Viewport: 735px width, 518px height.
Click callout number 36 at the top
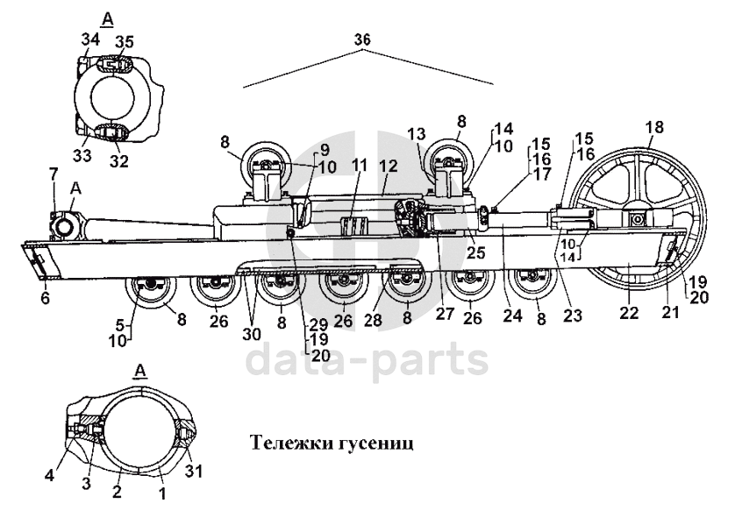pyautogui.click(x=362, y=39)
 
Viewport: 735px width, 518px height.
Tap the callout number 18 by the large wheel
pyautogui.click(x=654, y=127)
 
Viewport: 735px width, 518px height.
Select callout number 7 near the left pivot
pyautogui.click(x=54, y=174)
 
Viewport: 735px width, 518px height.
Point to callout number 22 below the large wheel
pyautogui.click(x=629, y=312)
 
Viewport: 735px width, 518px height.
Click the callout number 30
pyautogui.click(x=253, y=334)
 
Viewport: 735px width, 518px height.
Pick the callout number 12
pyautogui.click(x=389, y=166)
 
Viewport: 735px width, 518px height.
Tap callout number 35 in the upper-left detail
pyautogui.click(x=125, y=42)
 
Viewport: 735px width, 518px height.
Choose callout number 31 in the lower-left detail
pyautogui.click(x=194, y=471)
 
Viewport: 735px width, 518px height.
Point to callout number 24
pyautogui.click(x=512, y=316)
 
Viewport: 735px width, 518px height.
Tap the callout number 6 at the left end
pyautogui.click(x=45, y=298)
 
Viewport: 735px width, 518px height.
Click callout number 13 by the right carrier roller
pyautogui.click(x=417, y=134)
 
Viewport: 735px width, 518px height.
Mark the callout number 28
pyautogui.click(x=374, y=321)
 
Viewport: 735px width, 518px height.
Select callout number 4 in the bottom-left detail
pyautogui.click(x=49, y=475)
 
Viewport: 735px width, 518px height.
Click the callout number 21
pyautogui.click(x=670, y=312)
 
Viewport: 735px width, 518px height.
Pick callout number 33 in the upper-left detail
pyautogui.click(x=82, y=154)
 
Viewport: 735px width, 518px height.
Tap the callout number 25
pyautogui.click(x=475, y=252)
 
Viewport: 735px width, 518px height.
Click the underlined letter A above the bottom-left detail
pyautogui.click(x=140, y=371)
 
